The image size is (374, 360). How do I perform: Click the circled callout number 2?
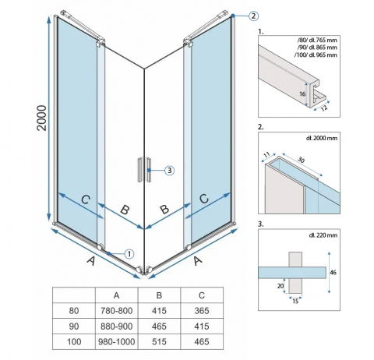point(253,16)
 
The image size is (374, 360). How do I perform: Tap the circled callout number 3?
point(169,171)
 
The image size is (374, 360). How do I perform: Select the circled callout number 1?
point(129,254)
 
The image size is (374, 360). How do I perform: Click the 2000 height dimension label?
point(42,118)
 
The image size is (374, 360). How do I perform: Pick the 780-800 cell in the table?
point(117,311)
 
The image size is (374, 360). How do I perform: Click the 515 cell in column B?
point(159,341)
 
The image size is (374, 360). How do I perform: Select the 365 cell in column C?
point(202,311)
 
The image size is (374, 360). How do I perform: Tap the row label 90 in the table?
point(74,326)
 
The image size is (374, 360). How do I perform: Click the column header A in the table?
point(117,295)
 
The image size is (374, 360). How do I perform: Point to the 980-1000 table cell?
point(117,341)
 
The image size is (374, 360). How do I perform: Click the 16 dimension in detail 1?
point(302,94)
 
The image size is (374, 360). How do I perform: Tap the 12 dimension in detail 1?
point(324,108)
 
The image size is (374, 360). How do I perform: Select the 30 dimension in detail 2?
point(301,160)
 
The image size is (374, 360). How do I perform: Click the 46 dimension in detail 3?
point(333,272)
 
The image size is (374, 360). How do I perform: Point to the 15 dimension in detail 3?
point(295,302)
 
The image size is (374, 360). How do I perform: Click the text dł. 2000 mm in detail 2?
point(322,138)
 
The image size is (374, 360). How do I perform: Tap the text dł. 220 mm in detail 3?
point(323,235)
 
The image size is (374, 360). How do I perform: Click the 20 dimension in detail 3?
point(280,286)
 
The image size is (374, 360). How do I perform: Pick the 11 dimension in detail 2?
point(266,154)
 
